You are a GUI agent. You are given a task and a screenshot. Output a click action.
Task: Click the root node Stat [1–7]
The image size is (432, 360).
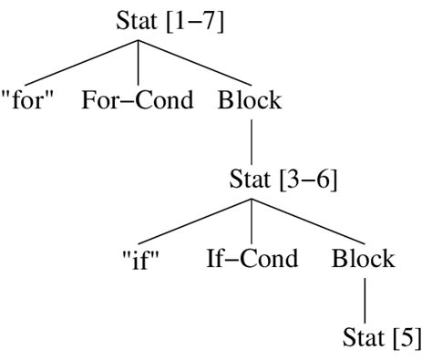[x=170, y=20]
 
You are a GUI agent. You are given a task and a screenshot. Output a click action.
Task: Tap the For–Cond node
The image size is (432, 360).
[x=137, y=99]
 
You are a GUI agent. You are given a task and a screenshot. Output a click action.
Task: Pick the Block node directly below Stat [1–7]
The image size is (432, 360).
[x=250, y=99]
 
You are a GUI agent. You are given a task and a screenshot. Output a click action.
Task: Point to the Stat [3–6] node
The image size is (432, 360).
[x=283, y=180]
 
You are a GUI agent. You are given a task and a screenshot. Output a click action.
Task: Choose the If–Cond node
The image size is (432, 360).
[x=252, y=259]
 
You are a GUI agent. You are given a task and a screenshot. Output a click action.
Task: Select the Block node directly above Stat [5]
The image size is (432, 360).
[x=363, y=259]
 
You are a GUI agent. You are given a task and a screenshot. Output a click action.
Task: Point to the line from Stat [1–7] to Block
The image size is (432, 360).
[x=193, y=61]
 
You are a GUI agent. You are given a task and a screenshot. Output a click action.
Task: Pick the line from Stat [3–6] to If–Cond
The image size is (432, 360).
[x=251, y=220]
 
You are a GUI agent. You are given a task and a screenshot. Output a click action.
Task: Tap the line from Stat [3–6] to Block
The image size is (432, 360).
[x=307, y=221]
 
